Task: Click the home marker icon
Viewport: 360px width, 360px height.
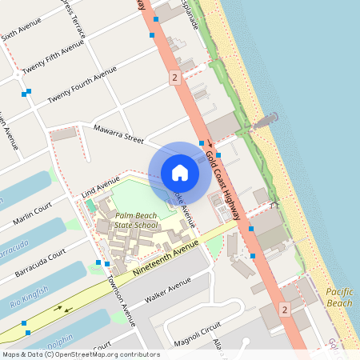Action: pos(180,173)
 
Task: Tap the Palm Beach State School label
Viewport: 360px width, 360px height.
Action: pos(135,221)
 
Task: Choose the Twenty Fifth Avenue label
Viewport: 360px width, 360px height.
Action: pos(54,57)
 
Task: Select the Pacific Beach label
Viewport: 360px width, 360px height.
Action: pos(339,298)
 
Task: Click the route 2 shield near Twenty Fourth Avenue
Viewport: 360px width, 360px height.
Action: pos(174,78)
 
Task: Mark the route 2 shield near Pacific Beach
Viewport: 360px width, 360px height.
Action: pos(284,309)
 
